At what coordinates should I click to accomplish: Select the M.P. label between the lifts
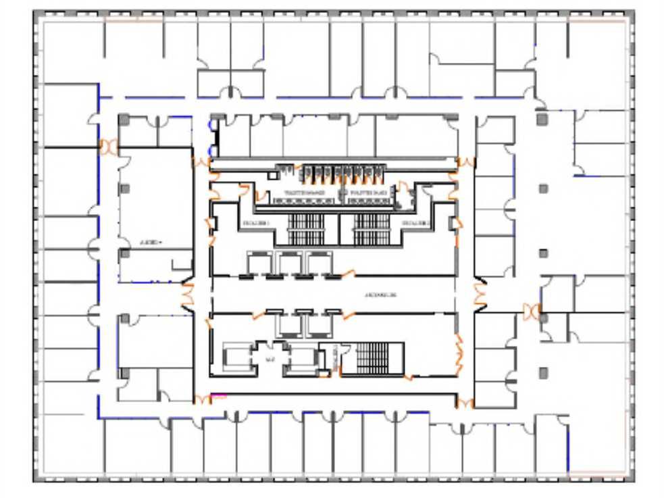[270, 359]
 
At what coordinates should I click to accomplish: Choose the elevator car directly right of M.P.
[301, 359]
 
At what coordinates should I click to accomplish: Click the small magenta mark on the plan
[219, 395]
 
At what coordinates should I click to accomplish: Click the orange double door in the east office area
[533, 311]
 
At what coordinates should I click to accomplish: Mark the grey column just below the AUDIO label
[125, 253]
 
